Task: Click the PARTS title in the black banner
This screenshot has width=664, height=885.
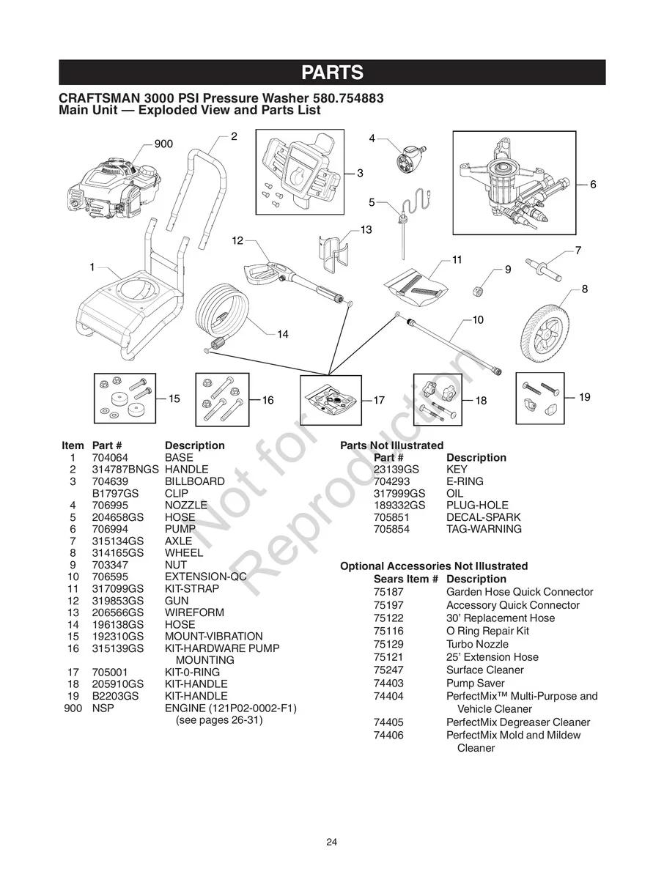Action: point(332,73)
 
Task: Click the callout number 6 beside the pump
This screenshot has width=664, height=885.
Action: point(593,185)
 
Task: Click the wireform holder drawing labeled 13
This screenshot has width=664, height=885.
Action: point(333,253)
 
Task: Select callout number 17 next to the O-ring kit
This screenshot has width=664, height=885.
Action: point(379,400)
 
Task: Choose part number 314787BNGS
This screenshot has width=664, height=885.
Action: point(125,469)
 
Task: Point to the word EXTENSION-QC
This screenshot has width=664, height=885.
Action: point(205,577)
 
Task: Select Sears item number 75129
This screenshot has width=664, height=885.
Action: point(388,644)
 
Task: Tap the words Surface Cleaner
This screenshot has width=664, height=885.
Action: point(484,670)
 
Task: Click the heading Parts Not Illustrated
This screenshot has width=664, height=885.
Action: point(391,445)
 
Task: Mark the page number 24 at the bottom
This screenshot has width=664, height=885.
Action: point(332,842)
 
